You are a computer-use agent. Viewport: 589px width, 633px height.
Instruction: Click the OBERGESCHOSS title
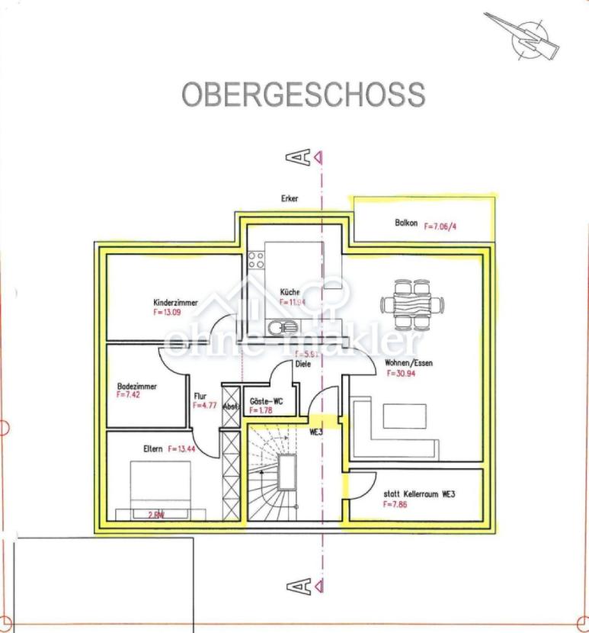303,95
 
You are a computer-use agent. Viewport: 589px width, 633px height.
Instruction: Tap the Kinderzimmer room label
175,303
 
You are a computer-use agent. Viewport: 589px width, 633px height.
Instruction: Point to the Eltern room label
152,449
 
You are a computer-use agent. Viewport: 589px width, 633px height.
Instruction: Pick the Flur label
200,397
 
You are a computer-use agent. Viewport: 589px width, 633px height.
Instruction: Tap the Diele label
303,364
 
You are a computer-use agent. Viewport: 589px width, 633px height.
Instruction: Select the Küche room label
289,292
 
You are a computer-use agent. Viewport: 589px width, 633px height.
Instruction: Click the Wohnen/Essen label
409,364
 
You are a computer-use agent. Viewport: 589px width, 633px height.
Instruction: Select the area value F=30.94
399,374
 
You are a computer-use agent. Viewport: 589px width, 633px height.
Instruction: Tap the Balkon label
406,223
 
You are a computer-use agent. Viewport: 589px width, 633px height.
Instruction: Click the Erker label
290,198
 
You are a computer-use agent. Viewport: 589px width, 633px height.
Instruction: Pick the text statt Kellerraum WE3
419,493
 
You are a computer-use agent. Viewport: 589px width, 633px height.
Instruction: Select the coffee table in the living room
405,416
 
